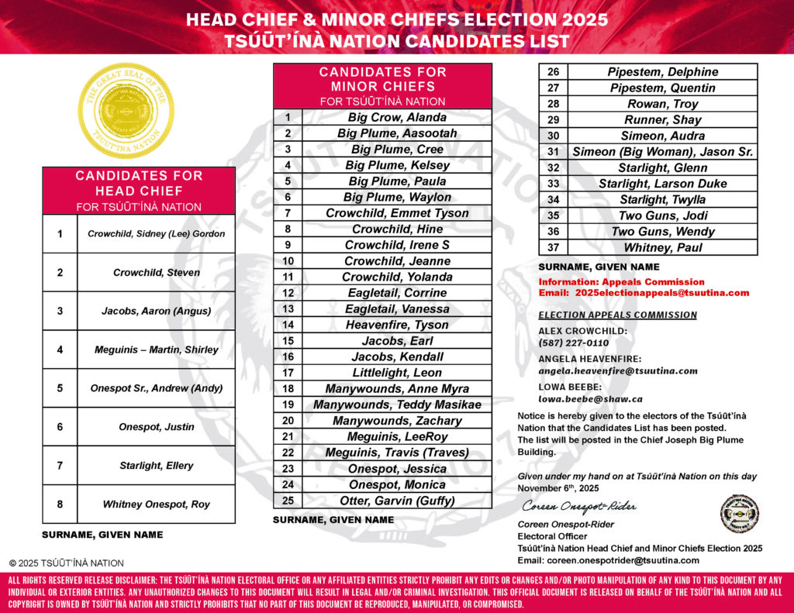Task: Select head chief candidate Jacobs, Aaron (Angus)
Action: pos(156,311)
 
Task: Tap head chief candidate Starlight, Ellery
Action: pos(156,466)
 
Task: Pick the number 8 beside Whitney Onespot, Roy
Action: pos(60,505)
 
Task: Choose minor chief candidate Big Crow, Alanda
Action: pos(397,118)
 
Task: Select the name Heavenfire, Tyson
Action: pos(397,325)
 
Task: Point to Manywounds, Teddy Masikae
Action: pos(397,405)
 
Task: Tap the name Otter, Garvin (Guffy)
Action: pos(397,501)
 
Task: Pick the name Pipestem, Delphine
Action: pos(662,72)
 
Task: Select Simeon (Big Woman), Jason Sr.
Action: pos(662,152)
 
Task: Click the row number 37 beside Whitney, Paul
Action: pos(553,248)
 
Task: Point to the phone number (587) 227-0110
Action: pos(574,343)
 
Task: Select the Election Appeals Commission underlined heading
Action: pos(617,315)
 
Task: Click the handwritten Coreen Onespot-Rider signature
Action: pos(578,507)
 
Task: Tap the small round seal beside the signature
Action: pos(739,513)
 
